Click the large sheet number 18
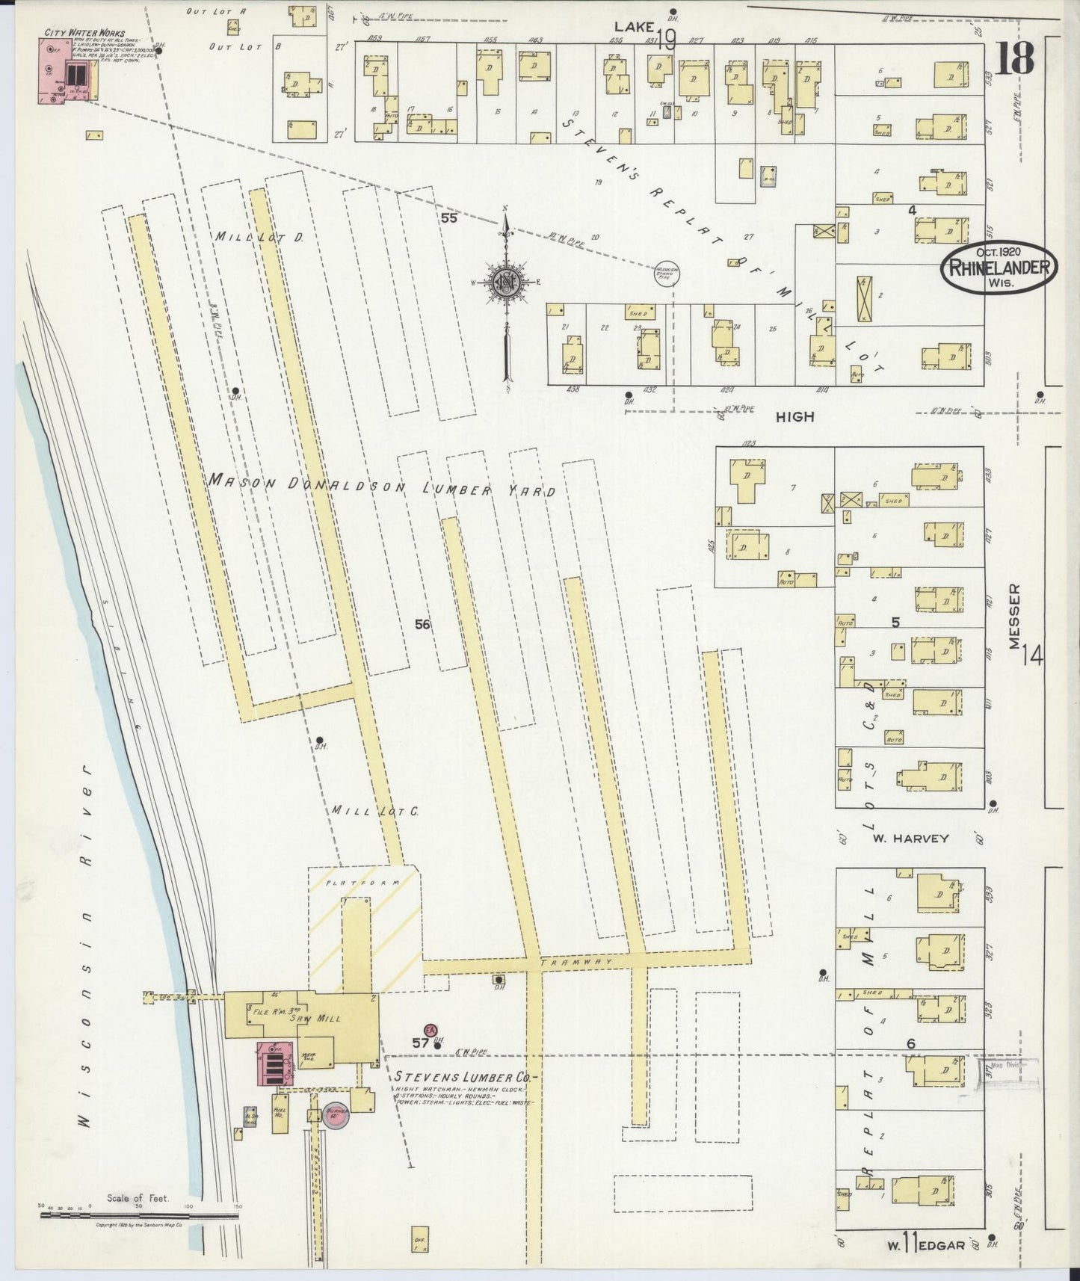pyautogui.click(x=1014, y=58)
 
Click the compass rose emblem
pyautogui.click(x=506, y=282)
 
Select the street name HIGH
pyautogui.click(x=794, y=416)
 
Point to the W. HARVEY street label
pyautogui.click(x=910, y=839)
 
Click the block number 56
pyautogui.click(x=422, y=624)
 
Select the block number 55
pyautogui.click(x=448, y=218)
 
